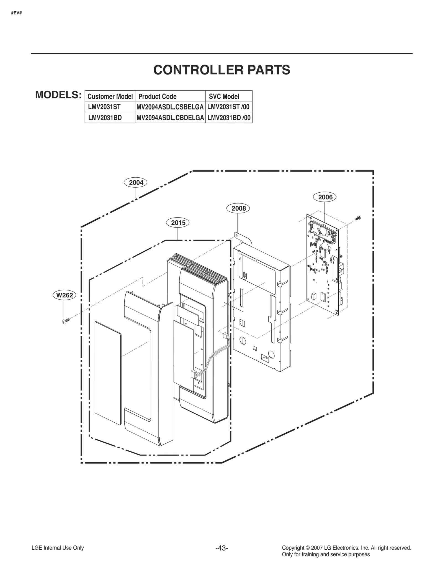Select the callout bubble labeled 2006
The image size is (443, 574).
point(325,197)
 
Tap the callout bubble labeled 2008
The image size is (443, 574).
point(238,208)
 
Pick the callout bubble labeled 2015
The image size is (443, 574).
point(178,223)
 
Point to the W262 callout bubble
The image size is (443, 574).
point(64,295)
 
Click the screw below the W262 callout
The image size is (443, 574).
point(65,321)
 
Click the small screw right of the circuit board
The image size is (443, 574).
point(358,218)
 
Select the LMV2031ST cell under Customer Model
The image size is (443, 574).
point(104,107)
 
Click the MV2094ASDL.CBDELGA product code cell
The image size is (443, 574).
point(170,118)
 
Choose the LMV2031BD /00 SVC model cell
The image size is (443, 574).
point(229,118)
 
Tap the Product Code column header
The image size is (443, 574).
point(157,96)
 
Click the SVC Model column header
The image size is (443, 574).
point(224,96)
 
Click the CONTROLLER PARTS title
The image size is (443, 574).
point(221,70)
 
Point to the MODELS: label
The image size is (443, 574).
point(58,95)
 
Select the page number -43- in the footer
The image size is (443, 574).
point(221,548)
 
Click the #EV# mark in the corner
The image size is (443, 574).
point(16,13)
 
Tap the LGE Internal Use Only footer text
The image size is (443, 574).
point(58,548)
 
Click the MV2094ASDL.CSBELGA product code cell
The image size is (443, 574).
point(170,107)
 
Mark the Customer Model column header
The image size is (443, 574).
point(110,96)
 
